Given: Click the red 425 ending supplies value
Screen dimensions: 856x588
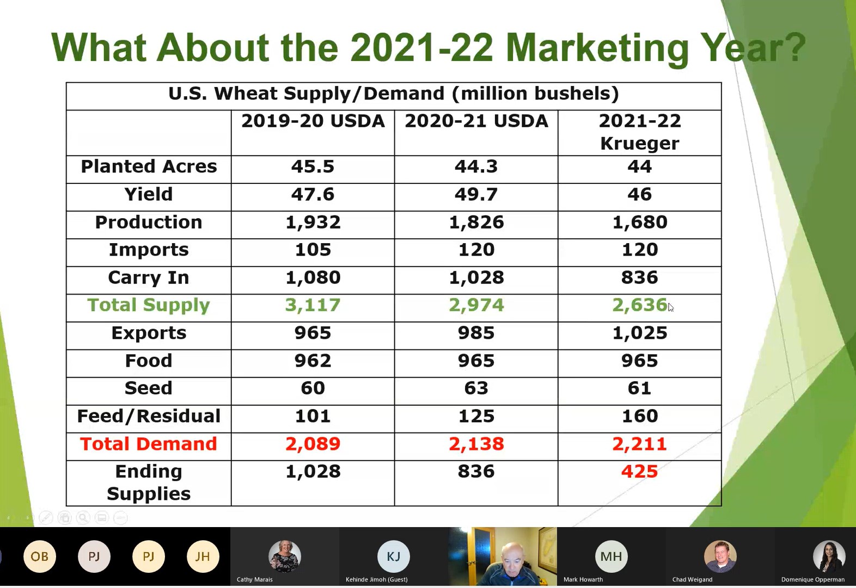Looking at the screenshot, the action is (639, 471).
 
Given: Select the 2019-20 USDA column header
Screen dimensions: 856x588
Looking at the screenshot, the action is (313, 121).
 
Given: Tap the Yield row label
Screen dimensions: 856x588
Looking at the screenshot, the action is (148, 194).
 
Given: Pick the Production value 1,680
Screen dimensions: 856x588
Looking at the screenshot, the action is (640, 222).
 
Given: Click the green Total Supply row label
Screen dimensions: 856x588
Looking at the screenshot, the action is (149, 305).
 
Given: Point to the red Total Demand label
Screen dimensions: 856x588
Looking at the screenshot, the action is (149, 444).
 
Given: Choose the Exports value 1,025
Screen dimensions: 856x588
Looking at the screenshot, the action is (640, 333).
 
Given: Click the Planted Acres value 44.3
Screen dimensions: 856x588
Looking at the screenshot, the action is (476, 166).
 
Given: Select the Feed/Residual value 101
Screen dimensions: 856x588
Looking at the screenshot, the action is (313, 416).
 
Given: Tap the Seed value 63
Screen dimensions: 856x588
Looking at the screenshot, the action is (476, 388).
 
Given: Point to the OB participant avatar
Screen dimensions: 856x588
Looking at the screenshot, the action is (40, 556).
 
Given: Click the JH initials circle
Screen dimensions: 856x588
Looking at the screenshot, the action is (203, 556).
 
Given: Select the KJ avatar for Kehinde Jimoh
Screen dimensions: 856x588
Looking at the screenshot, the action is (394, 556).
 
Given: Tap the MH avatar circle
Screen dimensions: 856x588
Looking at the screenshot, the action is (612, 556).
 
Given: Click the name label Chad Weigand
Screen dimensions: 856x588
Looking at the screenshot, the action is (693, 579).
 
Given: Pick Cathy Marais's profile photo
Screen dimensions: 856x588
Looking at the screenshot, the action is (285, 556).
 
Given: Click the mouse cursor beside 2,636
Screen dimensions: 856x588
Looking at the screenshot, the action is (671, 307).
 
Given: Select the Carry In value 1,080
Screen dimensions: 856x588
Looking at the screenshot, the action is (313, 277).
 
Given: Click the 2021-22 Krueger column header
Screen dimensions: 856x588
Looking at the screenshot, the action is (640, 132).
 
